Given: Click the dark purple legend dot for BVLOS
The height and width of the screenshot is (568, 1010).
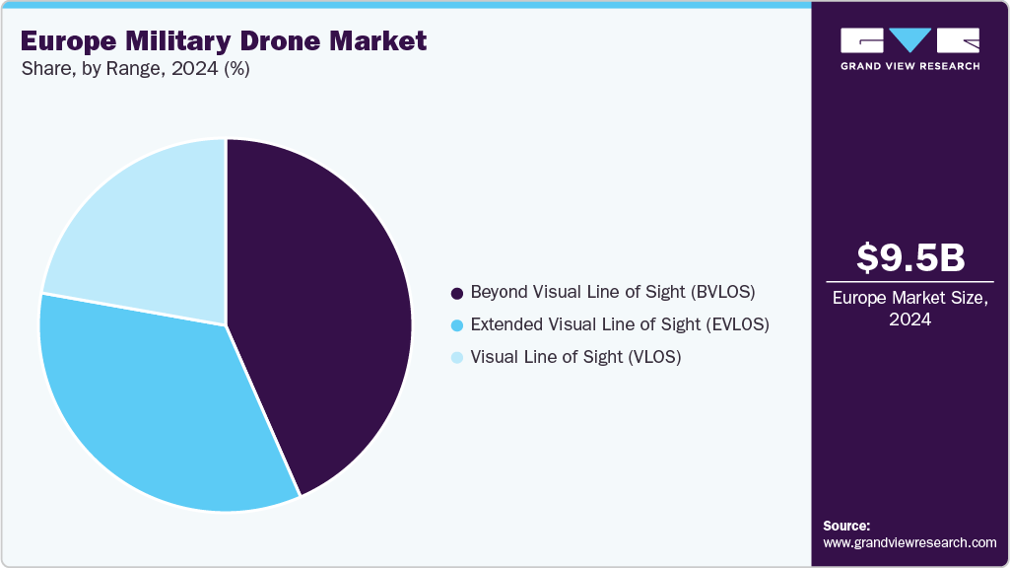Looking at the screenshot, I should (456, 293).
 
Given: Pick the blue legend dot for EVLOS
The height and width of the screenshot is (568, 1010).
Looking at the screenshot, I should (456, 324).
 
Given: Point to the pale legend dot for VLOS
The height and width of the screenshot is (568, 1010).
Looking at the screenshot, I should (456, 357).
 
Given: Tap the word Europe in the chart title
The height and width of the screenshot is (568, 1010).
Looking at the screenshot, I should (60, 40).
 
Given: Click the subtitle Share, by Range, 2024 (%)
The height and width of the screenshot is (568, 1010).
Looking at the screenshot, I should (134, 71).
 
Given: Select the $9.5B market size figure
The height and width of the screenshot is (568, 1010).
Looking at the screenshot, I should (910, 257).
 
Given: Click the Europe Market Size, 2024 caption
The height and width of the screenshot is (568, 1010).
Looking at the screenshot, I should (910, 308).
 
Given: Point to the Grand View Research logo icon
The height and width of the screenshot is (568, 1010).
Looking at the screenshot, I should (910, 39).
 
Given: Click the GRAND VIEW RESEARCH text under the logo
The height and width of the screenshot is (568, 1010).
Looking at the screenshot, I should (910, 66).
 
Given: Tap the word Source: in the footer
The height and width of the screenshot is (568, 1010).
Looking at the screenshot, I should (846, 526).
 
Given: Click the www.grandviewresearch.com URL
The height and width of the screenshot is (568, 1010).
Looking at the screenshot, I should (909, 542).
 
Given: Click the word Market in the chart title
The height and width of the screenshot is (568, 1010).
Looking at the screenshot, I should (380, 40).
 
